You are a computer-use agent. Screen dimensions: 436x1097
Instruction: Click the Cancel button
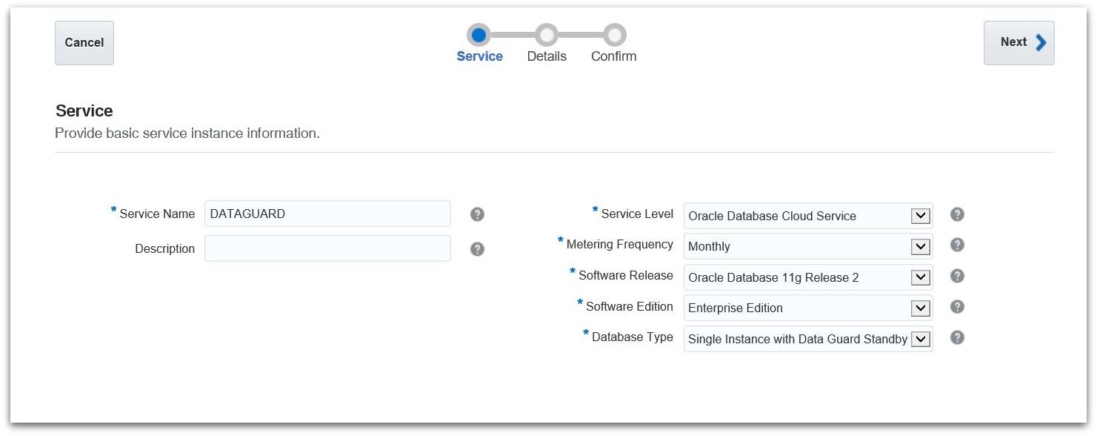[x=84, y=43]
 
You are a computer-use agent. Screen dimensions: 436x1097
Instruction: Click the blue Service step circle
[x=479, y=35]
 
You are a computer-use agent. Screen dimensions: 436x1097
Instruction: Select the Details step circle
[x=547, y=35]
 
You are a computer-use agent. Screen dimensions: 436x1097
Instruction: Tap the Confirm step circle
[x=614, y=35]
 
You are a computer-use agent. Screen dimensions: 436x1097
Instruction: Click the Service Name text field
[x=327, y=214]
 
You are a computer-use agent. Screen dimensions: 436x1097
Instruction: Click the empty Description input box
[x=327, y=248]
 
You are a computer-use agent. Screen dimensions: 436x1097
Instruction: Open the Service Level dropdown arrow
[x=920, y=216]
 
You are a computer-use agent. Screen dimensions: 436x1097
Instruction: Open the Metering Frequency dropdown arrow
[x=920, y=246]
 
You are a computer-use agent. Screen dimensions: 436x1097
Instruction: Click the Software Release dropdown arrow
[x=920, y=277]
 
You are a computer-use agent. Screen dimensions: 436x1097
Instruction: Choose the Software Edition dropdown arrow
[x=920, y=308]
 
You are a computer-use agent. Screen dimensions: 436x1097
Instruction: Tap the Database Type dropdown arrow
[x=920, y=339]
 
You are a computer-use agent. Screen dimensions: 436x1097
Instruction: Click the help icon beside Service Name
[x=478, y=214]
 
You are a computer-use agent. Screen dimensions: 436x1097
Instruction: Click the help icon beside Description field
[x=478, y=249]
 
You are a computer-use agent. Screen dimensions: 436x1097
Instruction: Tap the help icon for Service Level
[x=957, y=214]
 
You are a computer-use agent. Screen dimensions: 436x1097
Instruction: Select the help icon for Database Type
[x=957, y=337]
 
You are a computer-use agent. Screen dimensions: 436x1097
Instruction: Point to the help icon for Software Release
[x=957, y=276]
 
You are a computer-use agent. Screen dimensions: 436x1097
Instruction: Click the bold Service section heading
[x=84, y=111]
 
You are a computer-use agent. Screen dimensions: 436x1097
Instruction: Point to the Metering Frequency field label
[x=619, y=244]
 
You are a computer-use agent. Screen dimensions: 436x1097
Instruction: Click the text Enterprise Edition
[x=736, y=308]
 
